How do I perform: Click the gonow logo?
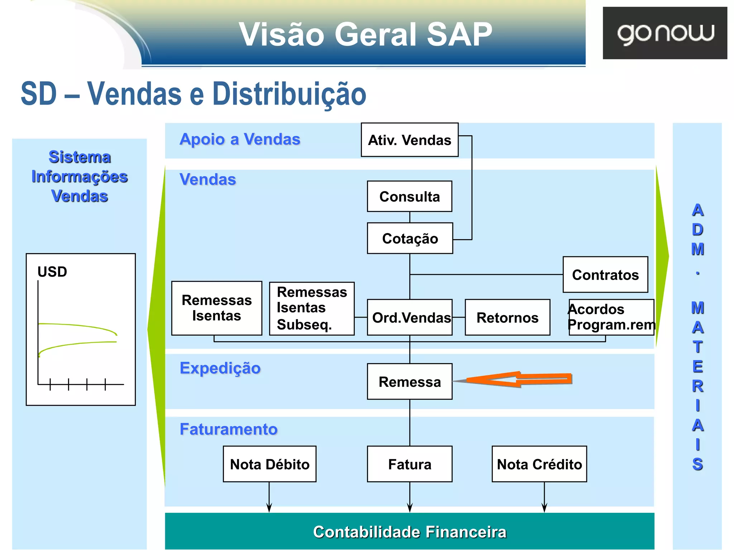(665, 33)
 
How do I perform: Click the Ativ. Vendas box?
(409, 140)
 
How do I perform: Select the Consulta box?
(409, 197)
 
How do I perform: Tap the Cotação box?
(410, 238)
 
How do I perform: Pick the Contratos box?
(605, 275)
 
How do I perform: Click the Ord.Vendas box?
(410, 318)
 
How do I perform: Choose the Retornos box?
(507, 318)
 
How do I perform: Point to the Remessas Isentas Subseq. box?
(311, 309)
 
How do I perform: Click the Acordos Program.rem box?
(611, 317)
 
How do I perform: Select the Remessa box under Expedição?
(409, 382)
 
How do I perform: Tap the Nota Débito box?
(270, 464)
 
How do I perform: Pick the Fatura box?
(409, 464)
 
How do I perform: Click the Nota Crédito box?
(539, 464)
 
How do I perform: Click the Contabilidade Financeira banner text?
(409, 532)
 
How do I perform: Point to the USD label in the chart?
(52, 272)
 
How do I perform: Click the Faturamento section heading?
(228, 429)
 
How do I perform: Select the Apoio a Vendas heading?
(239, 139)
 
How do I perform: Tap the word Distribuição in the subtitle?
(289, 94)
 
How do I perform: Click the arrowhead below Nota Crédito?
(544, 507)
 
